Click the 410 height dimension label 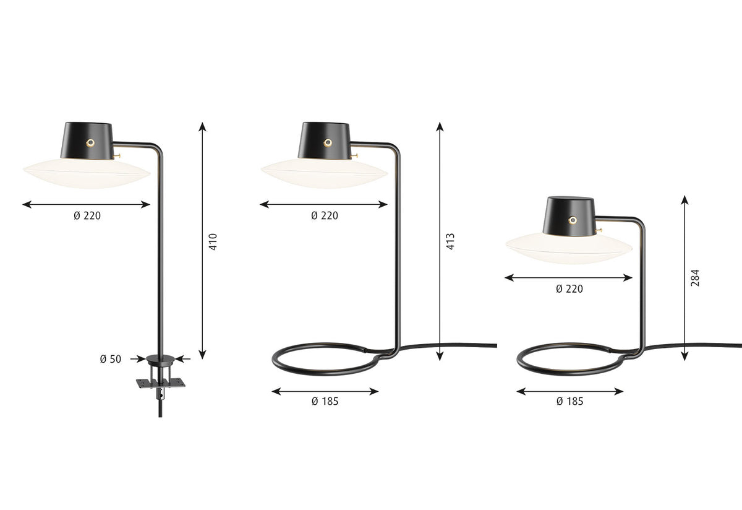(x=213, y=241)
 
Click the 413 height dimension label (x=450, y=241)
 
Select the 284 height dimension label (x=695, y=277)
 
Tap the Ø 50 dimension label (x=111, y=359)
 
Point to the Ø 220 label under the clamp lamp (x=87, y=216)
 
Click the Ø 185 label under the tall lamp (x=325, y=401)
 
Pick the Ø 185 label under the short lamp (x=569, y=401)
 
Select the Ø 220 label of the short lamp (x=569, y=288)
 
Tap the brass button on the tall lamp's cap (x=328, y=142)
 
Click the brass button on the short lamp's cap (x=573, y=220)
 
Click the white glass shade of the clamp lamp (x=87, y=175)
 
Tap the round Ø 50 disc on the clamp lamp (x=160, y=358)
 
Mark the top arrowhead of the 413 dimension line (x=440, y=126)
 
